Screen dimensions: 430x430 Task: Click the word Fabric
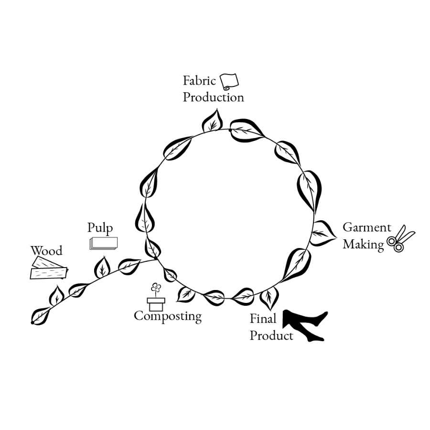pos(199,81)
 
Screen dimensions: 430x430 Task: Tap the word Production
pos(213,97)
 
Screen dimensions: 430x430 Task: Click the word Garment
pos(366,227)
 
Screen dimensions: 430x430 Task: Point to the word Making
pos(363,244)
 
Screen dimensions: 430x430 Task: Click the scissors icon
pos(400,239)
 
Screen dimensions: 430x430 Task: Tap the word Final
pos(263,319)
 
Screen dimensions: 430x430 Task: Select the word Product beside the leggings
pos(271,335)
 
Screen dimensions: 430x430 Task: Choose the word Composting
pos(167,316)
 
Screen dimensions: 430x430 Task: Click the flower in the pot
pos(156,288)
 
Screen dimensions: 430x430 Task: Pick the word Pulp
pos(100,227)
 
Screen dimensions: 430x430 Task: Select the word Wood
pos(46,251)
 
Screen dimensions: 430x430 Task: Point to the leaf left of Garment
pos(323,233)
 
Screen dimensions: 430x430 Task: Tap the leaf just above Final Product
pos(269,297)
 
